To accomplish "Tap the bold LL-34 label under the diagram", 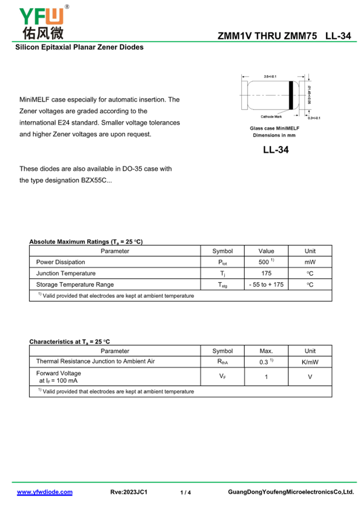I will [276, 150].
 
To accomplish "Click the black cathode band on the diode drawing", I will [291, 95].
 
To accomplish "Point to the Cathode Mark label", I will [271, 117].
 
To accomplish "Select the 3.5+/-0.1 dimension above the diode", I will [270, 76].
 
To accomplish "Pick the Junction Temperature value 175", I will [266, 273].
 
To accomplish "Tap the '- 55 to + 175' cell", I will [266, 284].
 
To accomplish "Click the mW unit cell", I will [310, 262].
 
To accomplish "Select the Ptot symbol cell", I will [222, 262].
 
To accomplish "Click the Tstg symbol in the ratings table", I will [222, 285].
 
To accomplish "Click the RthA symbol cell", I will [222, 362].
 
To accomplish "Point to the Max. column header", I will [266, 351].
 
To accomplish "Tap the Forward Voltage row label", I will [58, 373].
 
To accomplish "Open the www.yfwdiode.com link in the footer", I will [45, 492].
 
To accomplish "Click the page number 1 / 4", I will [185, 493].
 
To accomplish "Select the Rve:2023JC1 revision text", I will [129, 492].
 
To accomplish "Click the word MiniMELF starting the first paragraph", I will [34, 99].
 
